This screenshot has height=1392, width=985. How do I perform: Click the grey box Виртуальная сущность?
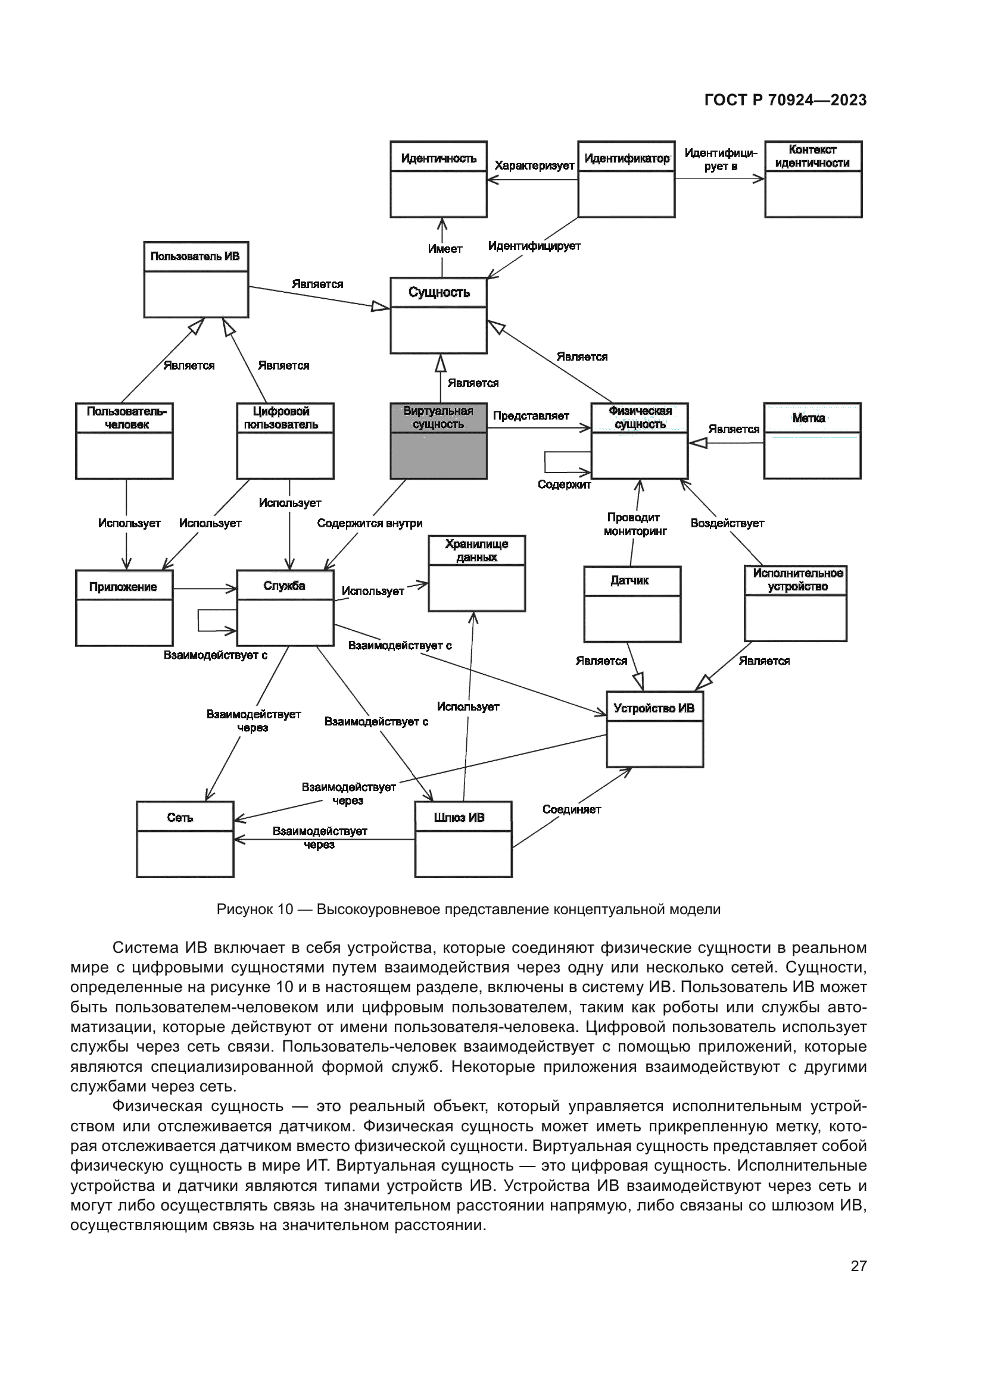pyautogui.click(x=438, y=441)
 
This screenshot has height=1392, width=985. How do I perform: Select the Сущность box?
pyautogui.click(x=438, y=315)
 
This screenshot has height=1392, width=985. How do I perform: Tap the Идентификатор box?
pyautogui.click(x=626, y=179)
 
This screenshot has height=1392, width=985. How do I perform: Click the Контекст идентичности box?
pyautogui.click(x=813, y=179)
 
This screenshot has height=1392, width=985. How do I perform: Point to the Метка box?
pyautogui.click(x=812, y=441)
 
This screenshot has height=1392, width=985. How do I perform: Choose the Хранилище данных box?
pyautogui.click(x=476, y=573)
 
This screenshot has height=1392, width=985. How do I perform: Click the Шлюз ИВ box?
pyautogui.click(x=463, y=839)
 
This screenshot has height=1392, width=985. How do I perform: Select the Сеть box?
pyautogui.click(x=185, y=839)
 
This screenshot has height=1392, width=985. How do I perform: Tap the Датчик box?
pyautogui.click(x=632, y=604)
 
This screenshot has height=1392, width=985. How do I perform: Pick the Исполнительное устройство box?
pyautogui.click(x=795, y=604)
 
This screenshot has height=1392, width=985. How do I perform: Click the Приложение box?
pyautogui.click(x=124, y=608)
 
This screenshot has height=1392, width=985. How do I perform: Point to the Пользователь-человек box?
pyautogui.click(x=124, y=441)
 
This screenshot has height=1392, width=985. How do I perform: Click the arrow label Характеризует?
pyautogui.click(x=534, y=165)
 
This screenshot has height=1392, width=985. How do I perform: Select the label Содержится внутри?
pyautogui.click(x=369, y=523)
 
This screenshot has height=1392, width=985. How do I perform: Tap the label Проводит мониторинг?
pyautogui.click(x=634, y=524)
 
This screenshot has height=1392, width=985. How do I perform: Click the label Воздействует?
pyautogui.click(x=727, y=523)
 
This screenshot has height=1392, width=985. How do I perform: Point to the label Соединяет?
pyautogui.click(x=571, y=809)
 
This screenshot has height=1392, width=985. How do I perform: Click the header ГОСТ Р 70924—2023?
pyautogui.click(x=785, y=100)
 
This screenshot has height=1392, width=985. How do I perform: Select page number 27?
pyautogui.click(x=858, y=1266)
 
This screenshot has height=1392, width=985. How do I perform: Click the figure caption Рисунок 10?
pyautogui.click(x=468, y=909)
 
